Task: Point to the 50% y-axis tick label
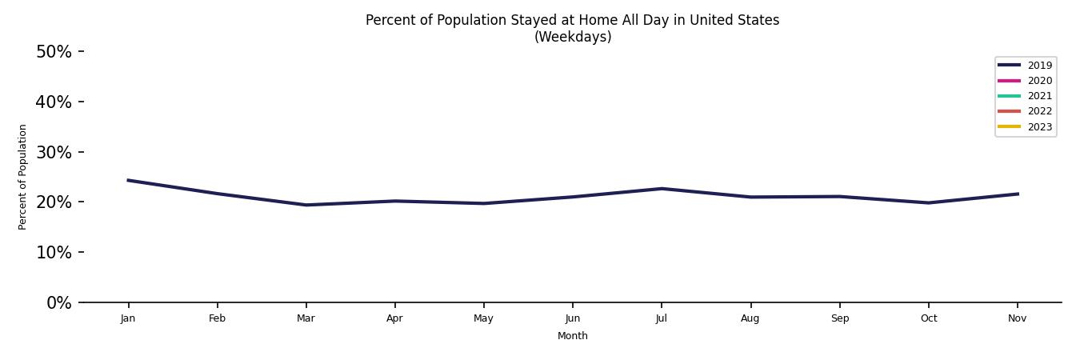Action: pyautogui.click(x=54, y=52)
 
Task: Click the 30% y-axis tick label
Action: pyautogui.click(x=54, y=153)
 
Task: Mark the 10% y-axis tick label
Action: pyautogui.click(x=54, y=253)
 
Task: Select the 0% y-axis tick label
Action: pyautogui.click(x=58, y=303)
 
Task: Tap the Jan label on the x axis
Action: pyautogui.click(x=128, y=318)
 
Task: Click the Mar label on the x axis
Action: pyautogui.click(x=306, y=318)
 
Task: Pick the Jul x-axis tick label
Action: pyautogui.click(x=661, y=318)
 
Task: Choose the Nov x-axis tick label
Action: pyautogui.click(x=1017, y=318)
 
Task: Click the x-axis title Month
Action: pyautogui.click(x=573, y=336)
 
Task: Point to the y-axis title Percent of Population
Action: pyautogui.click(x=23, y=177)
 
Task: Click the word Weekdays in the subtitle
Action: pyautogui.click(x=573, y=37)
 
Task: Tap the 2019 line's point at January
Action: pyautogui.click(x=128, y=180)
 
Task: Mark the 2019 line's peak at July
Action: pyautogui.click(x=661, y=189)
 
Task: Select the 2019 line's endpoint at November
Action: pyautogui.click(x=1017, y=194)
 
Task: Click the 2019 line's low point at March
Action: pyautogui.click(x=306, y=205)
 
